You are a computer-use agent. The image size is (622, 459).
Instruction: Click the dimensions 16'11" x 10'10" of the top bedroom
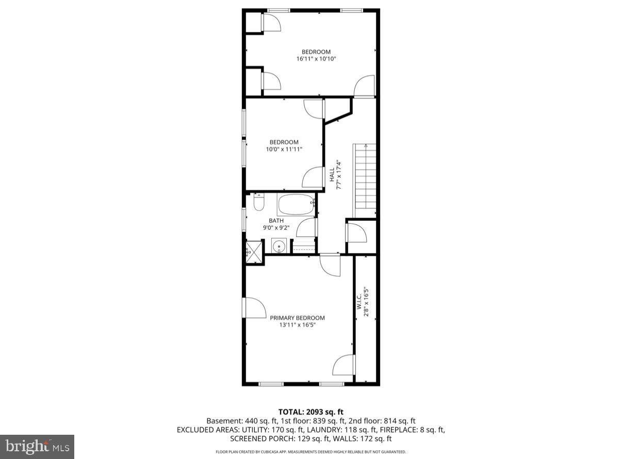pyautogui.click(x=316, y=59)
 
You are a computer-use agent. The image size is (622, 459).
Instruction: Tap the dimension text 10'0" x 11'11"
pyautogui.click(x=283, y=149)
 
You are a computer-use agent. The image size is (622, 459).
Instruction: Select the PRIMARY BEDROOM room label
pyautogui.click(x=297, y=318)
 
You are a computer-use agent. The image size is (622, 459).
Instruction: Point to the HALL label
pyautogui.click(x=332, y=175)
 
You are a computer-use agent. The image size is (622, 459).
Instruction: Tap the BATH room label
pyautogui.click(x=276, y=221)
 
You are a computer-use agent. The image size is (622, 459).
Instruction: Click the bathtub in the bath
pyautogui.click(x=296, y=205)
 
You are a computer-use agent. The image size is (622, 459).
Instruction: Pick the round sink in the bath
pyautogui.click(x=279, y=247)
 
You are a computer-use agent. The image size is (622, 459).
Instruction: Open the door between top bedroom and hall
pyautogui.click(x=365, y=86)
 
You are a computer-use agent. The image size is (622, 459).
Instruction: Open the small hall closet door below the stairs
pyautogui.click(x=356, y=233)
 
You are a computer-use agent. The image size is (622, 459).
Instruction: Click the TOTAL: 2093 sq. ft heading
pyautogui.click(x=310, y=412)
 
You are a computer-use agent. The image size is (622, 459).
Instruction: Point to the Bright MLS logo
pyautogui.click(x=37, y=446)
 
